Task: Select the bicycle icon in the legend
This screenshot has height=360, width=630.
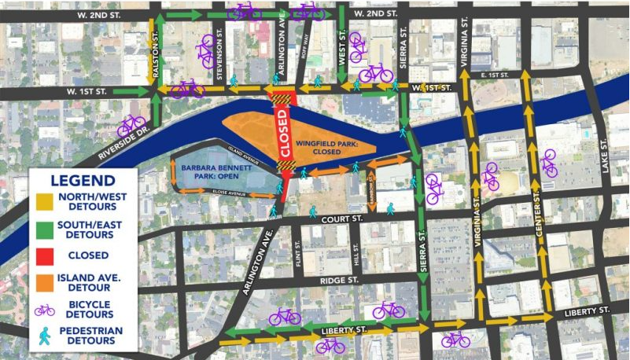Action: coord(46,307)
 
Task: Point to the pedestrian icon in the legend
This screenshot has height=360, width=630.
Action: coord(45,334)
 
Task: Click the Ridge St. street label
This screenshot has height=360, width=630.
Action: coord(339,280)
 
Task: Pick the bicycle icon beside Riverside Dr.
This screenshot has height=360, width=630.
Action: coord(131,124)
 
